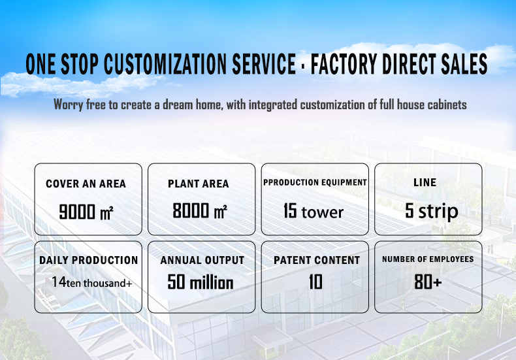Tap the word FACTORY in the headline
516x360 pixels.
coord(344,63)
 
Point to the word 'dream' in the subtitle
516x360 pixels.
coord(178,105)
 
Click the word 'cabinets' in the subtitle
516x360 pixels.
coord(447,105)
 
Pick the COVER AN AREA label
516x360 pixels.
coord(86,184)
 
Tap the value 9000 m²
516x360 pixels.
coord(86,211)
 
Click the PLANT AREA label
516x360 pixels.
coord(199,184)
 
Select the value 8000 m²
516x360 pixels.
coord(200,210)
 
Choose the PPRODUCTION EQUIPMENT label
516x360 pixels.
coord(315,182)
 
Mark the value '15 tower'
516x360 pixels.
coord(314,211)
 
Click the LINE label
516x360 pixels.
coord(425,182)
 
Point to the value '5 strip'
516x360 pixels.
coord(432,211)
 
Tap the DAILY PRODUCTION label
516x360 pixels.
coord(89,260)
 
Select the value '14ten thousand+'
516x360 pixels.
coord(92,282)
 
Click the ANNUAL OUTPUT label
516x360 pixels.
coord(202,260)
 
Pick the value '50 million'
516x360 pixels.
coord(201,282)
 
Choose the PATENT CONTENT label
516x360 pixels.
coord(317,260)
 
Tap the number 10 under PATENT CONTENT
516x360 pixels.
coord(315,282)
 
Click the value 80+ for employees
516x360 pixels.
coord(428,282)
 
